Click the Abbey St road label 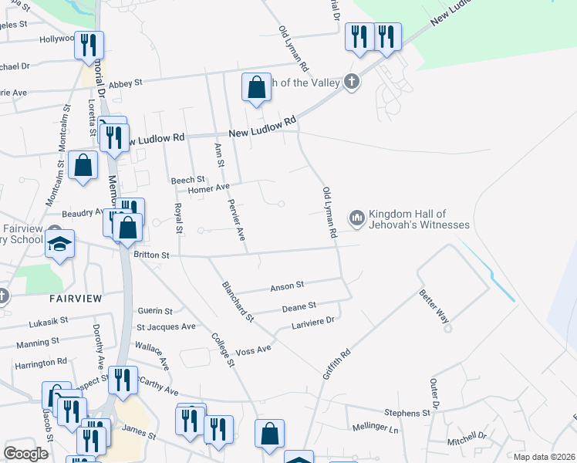(126, 83)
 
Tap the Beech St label (187, 180)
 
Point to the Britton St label (150, 254)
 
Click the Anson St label (287, 286)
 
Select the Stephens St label (407, 414)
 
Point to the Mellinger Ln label (374, 428)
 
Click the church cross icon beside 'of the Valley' (352, 83)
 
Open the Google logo (26, 454)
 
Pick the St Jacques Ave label (166, 327)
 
